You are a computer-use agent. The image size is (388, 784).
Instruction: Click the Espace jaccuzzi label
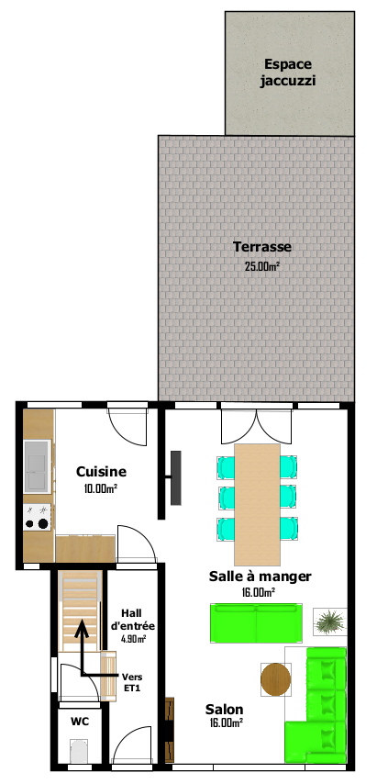click(288, 73)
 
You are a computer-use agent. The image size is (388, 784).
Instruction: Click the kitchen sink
click(38, 466)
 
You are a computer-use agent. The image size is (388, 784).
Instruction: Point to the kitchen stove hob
click(38, 517)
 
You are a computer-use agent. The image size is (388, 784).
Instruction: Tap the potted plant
click(330, 622)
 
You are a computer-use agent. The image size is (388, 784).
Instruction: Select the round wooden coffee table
click(276, 679)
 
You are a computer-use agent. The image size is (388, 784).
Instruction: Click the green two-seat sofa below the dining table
click(256, 623)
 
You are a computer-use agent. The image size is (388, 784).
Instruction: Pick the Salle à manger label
click(260, 577)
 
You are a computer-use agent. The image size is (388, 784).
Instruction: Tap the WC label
click(80, 722)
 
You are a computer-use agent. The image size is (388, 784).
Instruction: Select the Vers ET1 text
click(132, 682)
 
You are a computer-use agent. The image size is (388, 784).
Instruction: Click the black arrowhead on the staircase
click(82, 629)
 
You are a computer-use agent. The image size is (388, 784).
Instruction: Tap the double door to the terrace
click(257, 427)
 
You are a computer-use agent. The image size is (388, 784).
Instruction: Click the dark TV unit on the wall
click(176, 478)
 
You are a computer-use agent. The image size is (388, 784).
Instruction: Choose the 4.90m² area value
click(133, 639)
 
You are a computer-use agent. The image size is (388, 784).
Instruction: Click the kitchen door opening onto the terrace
click(128, 427)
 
